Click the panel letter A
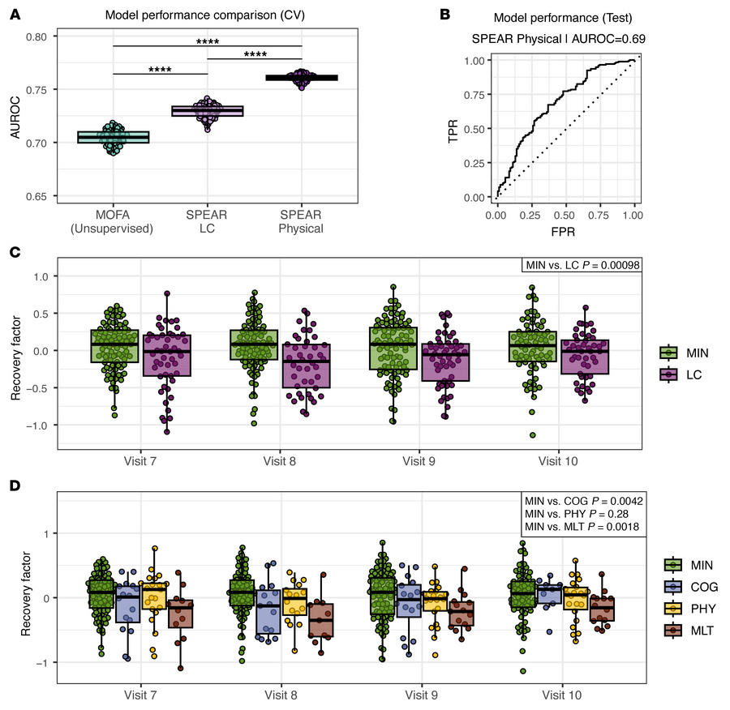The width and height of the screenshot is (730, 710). pos(15,14)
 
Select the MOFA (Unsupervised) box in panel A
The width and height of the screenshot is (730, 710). pos(114,137)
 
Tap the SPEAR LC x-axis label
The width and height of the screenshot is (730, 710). pos(208,221)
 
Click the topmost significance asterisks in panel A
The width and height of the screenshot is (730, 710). pos(208,40)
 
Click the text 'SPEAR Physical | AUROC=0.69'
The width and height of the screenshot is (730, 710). pos(565,38)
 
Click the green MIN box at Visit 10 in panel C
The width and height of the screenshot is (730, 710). pos(532,346)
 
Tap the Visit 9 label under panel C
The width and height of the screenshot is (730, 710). pos(420,461)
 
